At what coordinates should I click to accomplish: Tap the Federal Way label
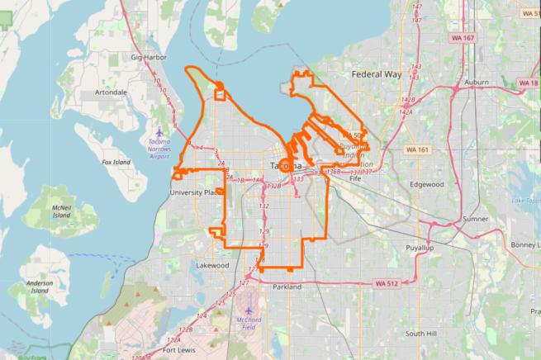click(376, 74)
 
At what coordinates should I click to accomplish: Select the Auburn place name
click(477, 83)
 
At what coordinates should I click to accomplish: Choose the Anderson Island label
click(39, 287)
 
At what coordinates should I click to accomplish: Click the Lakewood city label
click(212, 266)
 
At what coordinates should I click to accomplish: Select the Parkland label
click(287, 287)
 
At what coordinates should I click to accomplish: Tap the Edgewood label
click(427, 184)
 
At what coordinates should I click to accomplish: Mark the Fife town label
click(356, 178)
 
